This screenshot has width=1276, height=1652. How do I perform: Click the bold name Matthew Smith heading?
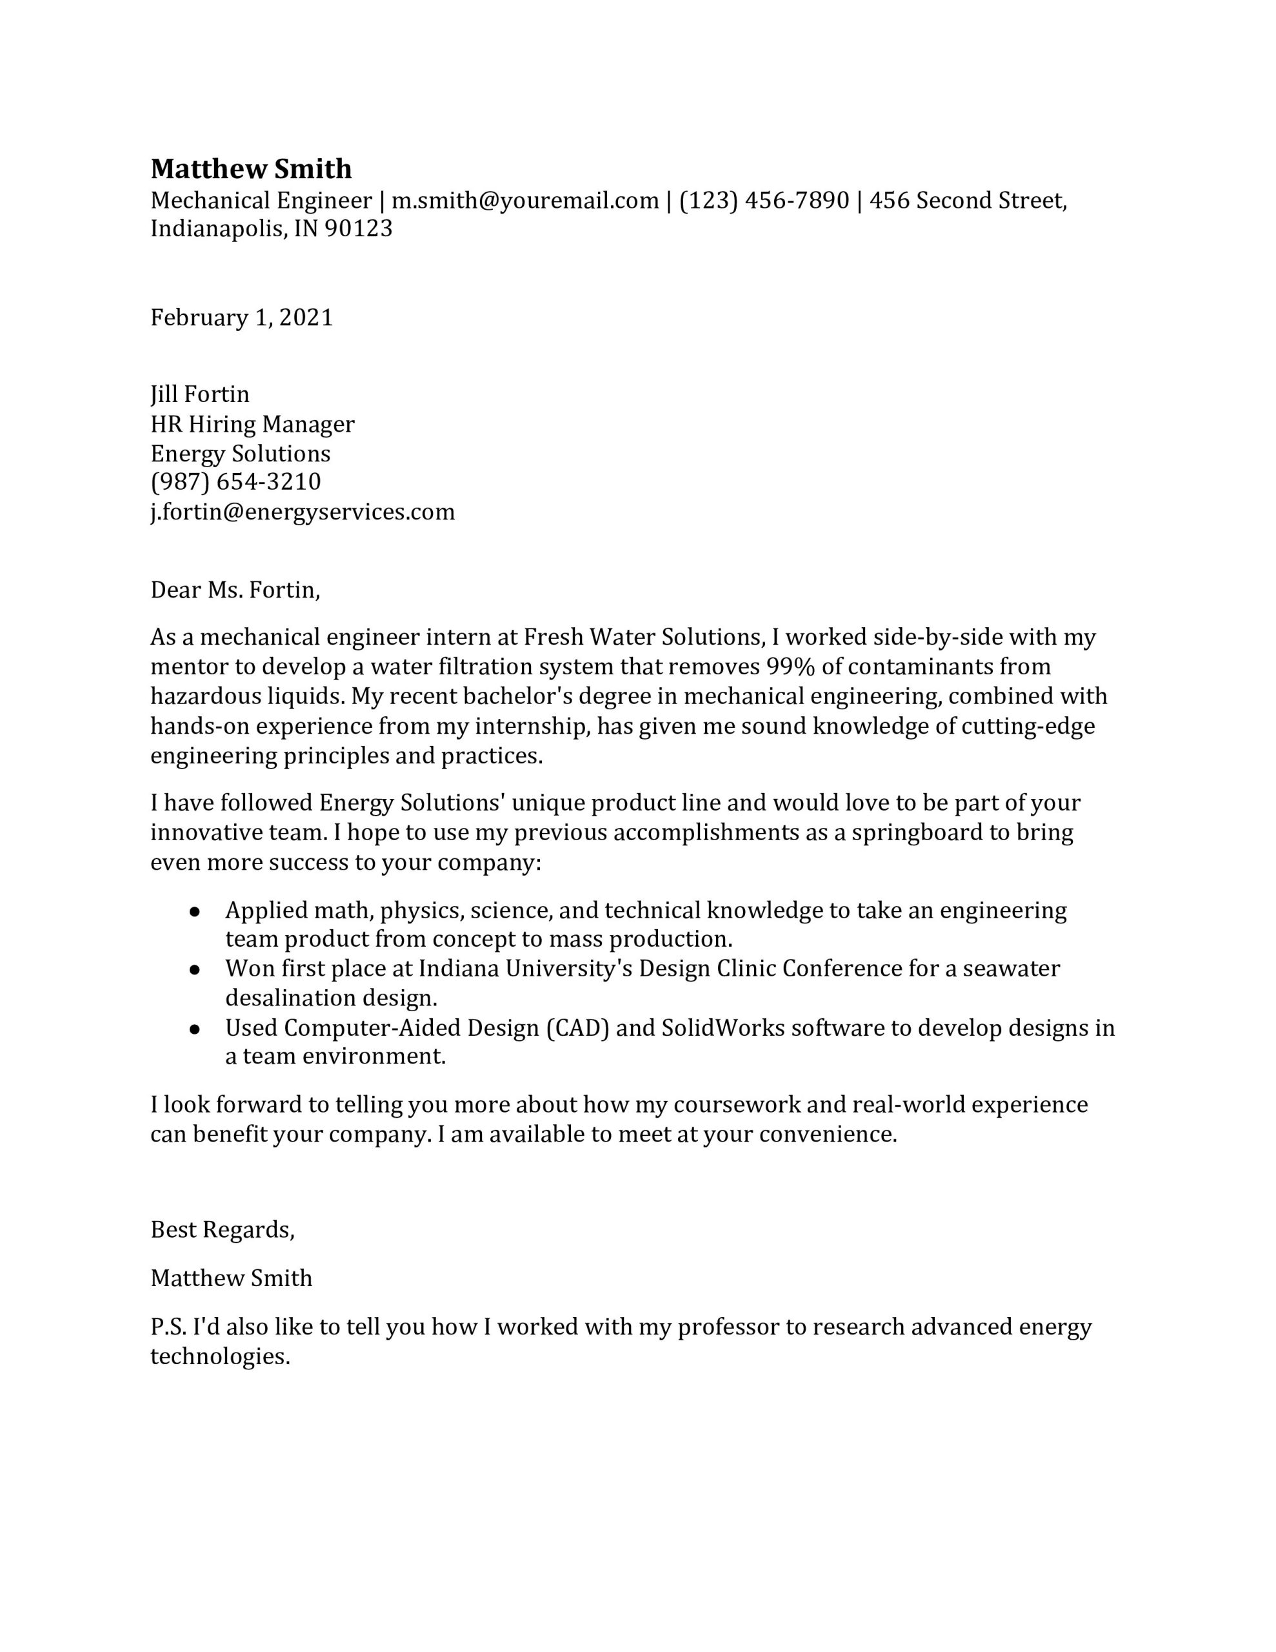coord(251,168)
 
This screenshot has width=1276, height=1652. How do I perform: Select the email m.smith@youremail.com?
coord(525,201)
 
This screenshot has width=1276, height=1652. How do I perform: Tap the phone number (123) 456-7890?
coord(764,201)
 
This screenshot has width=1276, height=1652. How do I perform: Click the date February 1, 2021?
coord(241,317)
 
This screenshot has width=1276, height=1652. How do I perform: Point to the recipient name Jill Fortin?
coord(200,394)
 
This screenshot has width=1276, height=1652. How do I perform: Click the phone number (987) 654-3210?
coord(235,482)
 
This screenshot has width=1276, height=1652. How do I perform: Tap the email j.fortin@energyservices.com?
coord(303,512)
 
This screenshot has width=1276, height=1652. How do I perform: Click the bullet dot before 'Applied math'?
coord(194,912)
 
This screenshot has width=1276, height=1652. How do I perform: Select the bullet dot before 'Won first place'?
coord(194,971)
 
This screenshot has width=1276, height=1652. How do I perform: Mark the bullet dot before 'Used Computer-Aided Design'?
coord(194,1029)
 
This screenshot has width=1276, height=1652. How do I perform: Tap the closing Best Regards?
coord(223,1229)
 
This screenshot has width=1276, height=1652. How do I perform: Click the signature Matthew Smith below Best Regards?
coord(232,1278)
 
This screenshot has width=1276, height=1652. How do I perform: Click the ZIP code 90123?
coord(359,228)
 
